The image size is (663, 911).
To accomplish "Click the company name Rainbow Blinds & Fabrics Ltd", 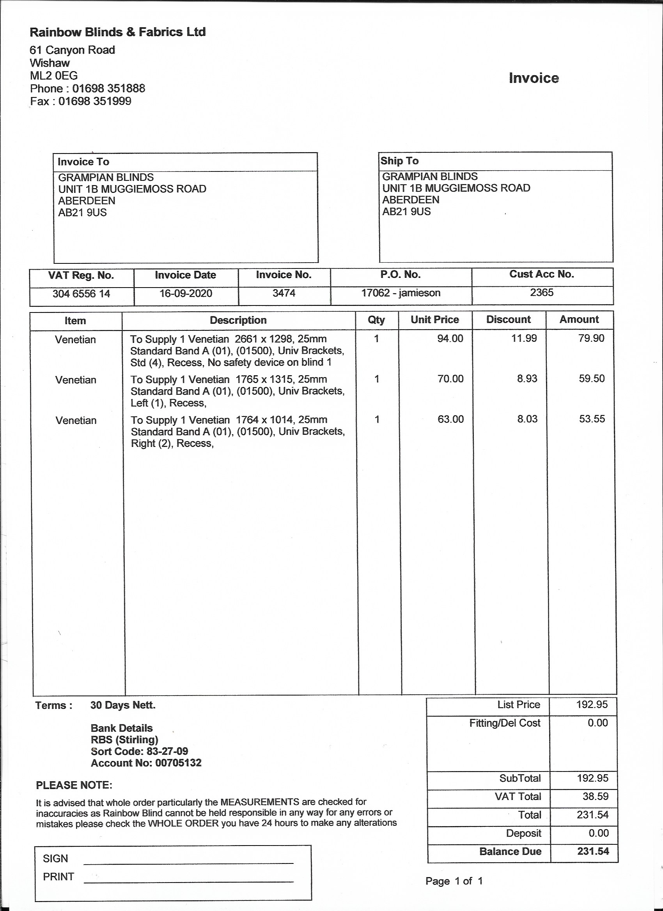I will pos(118,32).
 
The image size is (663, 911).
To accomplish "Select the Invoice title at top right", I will pos(534,78).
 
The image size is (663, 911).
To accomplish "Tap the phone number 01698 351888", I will pos(108,88).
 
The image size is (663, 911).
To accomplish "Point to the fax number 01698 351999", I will pos(95,101).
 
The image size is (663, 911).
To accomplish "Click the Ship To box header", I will pos(399,161).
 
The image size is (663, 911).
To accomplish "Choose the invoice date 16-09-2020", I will pos(186,293).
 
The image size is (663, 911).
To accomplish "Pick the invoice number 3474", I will pos(284,293).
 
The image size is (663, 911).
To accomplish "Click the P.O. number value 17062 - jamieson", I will pos(401,293).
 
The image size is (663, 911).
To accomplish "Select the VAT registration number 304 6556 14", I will pos(81,294).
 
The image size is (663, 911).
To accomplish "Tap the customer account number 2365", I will pos(542,292).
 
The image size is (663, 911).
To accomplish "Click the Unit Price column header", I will pos(434,320).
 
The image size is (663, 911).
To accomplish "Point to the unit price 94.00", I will pos(450,339).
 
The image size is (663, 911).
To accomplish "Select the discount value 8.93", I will pos(527,379).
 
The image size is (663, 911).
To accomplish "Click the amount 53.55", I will pos(592,419).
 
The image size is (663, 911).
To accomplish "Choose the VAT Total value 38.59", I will pos(596,796).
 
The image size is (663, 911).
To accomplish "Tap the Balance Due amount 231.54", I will pos(593,851).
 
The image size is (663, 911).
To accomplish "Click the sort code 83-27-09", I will pos(168,751).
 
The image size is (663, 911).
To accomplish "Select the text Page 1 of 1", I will pos(454,881).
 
